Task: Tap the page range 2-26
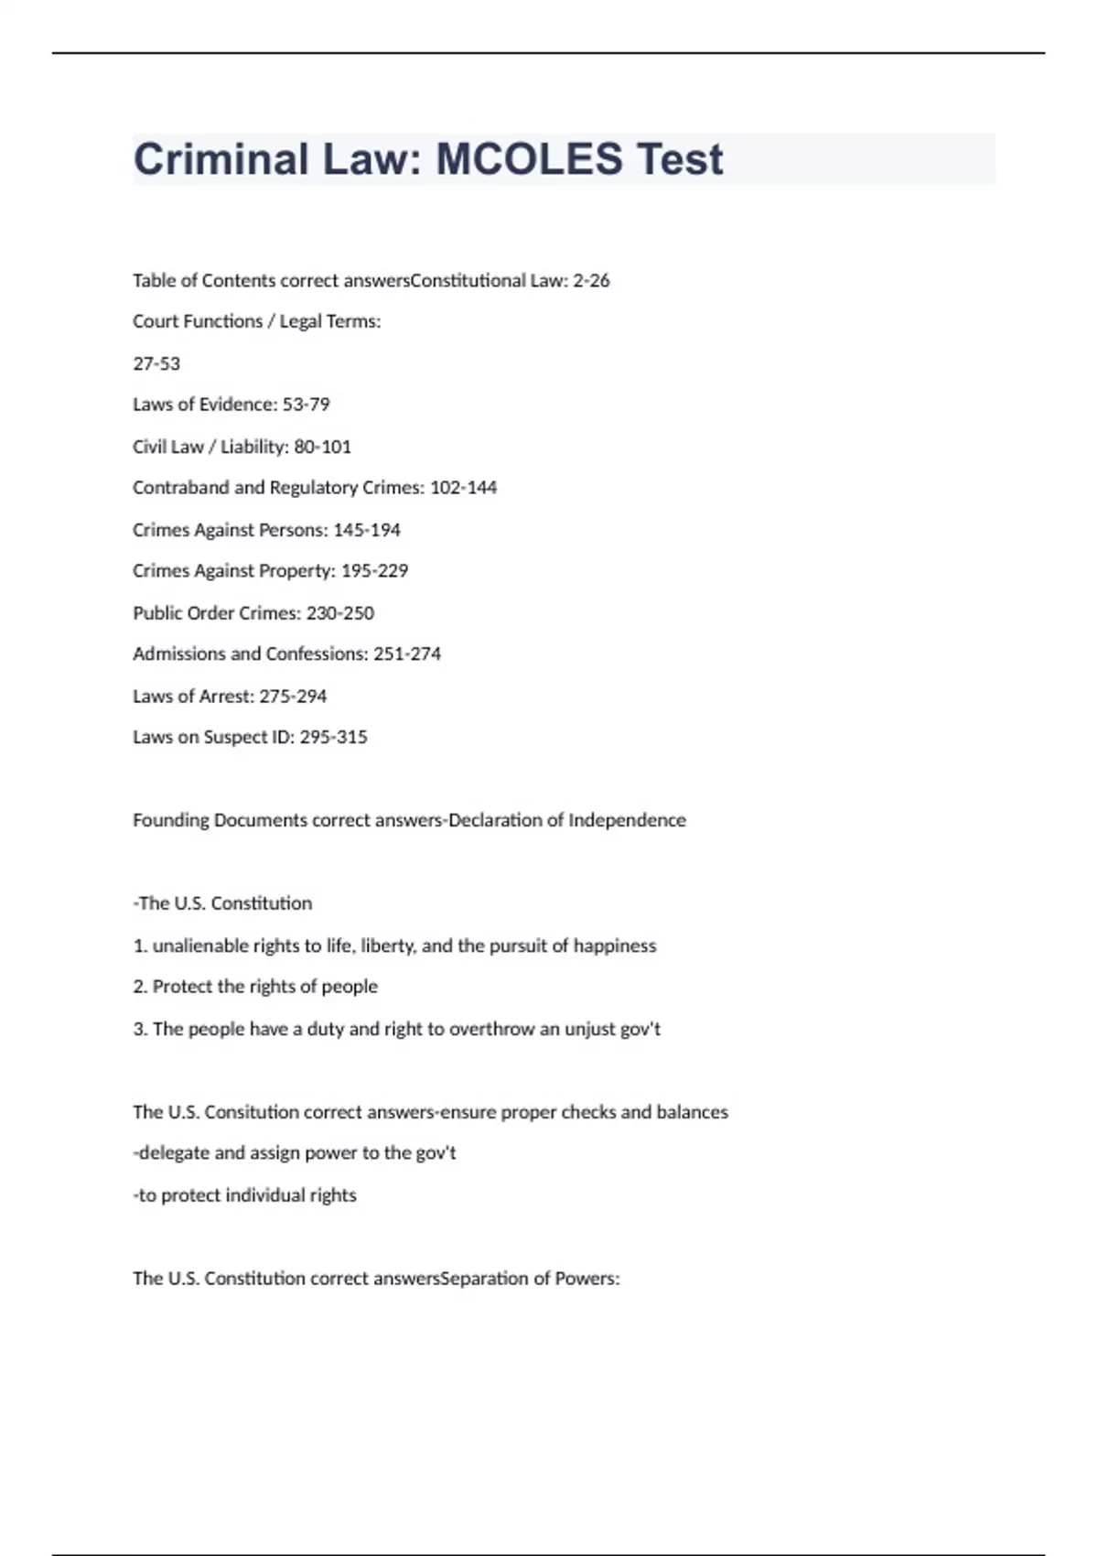click(x=591, y=281)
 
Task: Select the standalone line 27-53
click(x=156, y=363)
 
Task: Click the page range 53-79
click(x=306, y=405)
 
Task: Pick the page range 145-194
click(x=367, y=530)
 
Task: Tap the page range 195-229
click(x=374, y=571)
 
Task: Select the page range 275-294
click(x=293, y=697)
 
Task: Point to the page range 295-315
click(x=333, y=738)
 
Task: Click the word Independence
click(x=627, y=820)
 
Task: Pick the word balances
click(x=692, y=1112)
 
